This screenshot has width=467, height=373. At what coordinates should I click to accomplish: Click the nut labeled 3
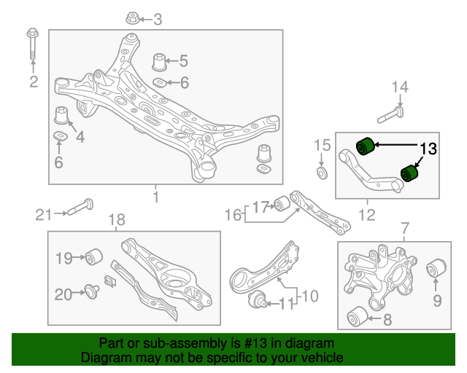(132, 18)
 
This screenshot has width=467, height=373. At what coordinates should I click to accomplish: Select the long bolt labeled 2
(33, 48)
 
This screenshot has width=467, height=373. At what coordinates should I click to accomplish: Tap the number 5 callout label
(183, 61)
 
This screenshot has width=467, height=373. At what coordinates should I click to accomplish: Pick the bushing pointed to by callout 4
(63, 116)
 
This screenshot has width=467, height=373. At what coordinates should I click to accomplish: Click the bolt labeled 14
(390, 114)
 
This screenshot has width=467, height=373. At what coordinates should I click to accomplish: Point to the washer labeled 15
(320, 172)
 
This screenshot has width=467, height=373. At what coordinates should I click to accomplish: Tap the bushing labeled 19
(93, 257)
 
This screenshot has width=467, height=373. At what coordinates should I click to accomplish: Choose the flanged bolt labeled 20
(91, 293)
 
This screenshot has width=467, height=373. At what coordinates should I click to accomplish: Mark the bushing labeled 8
(356, 317)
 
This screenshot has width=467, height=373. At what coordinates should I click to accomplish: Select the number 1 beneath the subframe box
(155, 197)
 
